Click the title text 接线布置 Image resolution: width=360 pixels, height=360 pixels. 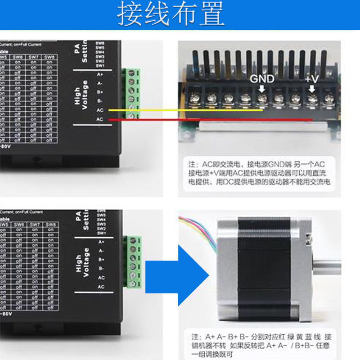[x=171, y=14]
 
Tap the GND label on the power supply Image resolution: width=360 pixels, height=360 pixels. [x=262, y=79]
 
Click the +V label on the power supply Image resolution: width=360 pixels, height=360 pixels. [x=311, y=79]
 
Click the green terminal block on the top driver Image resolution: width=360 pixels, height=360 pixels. [x=133, y=94]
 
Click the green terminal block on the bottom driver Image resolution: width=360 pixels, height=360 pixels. [x=134, y=263]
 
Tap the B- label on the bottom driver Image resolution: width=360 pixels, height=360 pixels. [x=101, y=269]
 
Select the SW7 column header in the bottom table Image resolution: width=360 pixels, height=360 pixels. [x=35, y=225]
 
